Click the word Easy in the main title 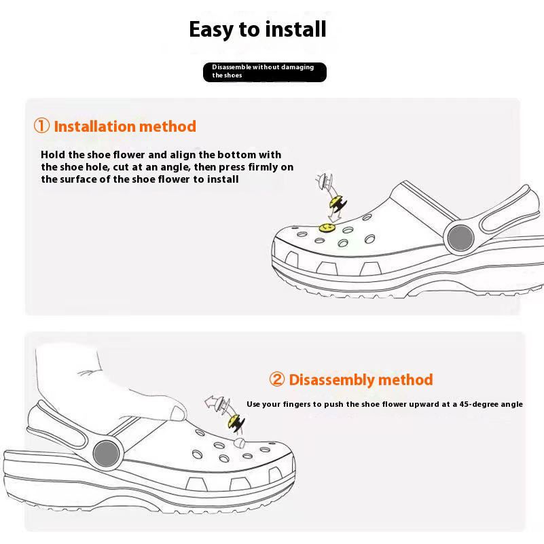pyautogui.click(x=211, y=30)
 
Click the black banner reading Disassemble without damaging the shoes pyautogui.click(x=265, y=72)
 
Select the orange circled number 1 pyautogui.click(x=41, y=126)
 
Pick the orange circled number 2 pyautogui.click(x=277, y=379)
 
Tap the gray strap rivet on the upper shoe pyautogui.click(x=460, y=238)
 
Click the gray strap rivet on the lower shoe pyautogui.click(x=107, y=454)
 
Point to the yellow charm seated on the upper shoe pyautogui.click(x=327, y=228)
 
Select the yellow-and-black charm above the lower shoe pyautogui.click(x=236, y=422)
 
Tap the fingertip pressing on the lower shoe pyautogui.click(x=179, y=413)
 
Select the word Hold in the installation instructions pyautogui.click(x=53, y=154)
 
